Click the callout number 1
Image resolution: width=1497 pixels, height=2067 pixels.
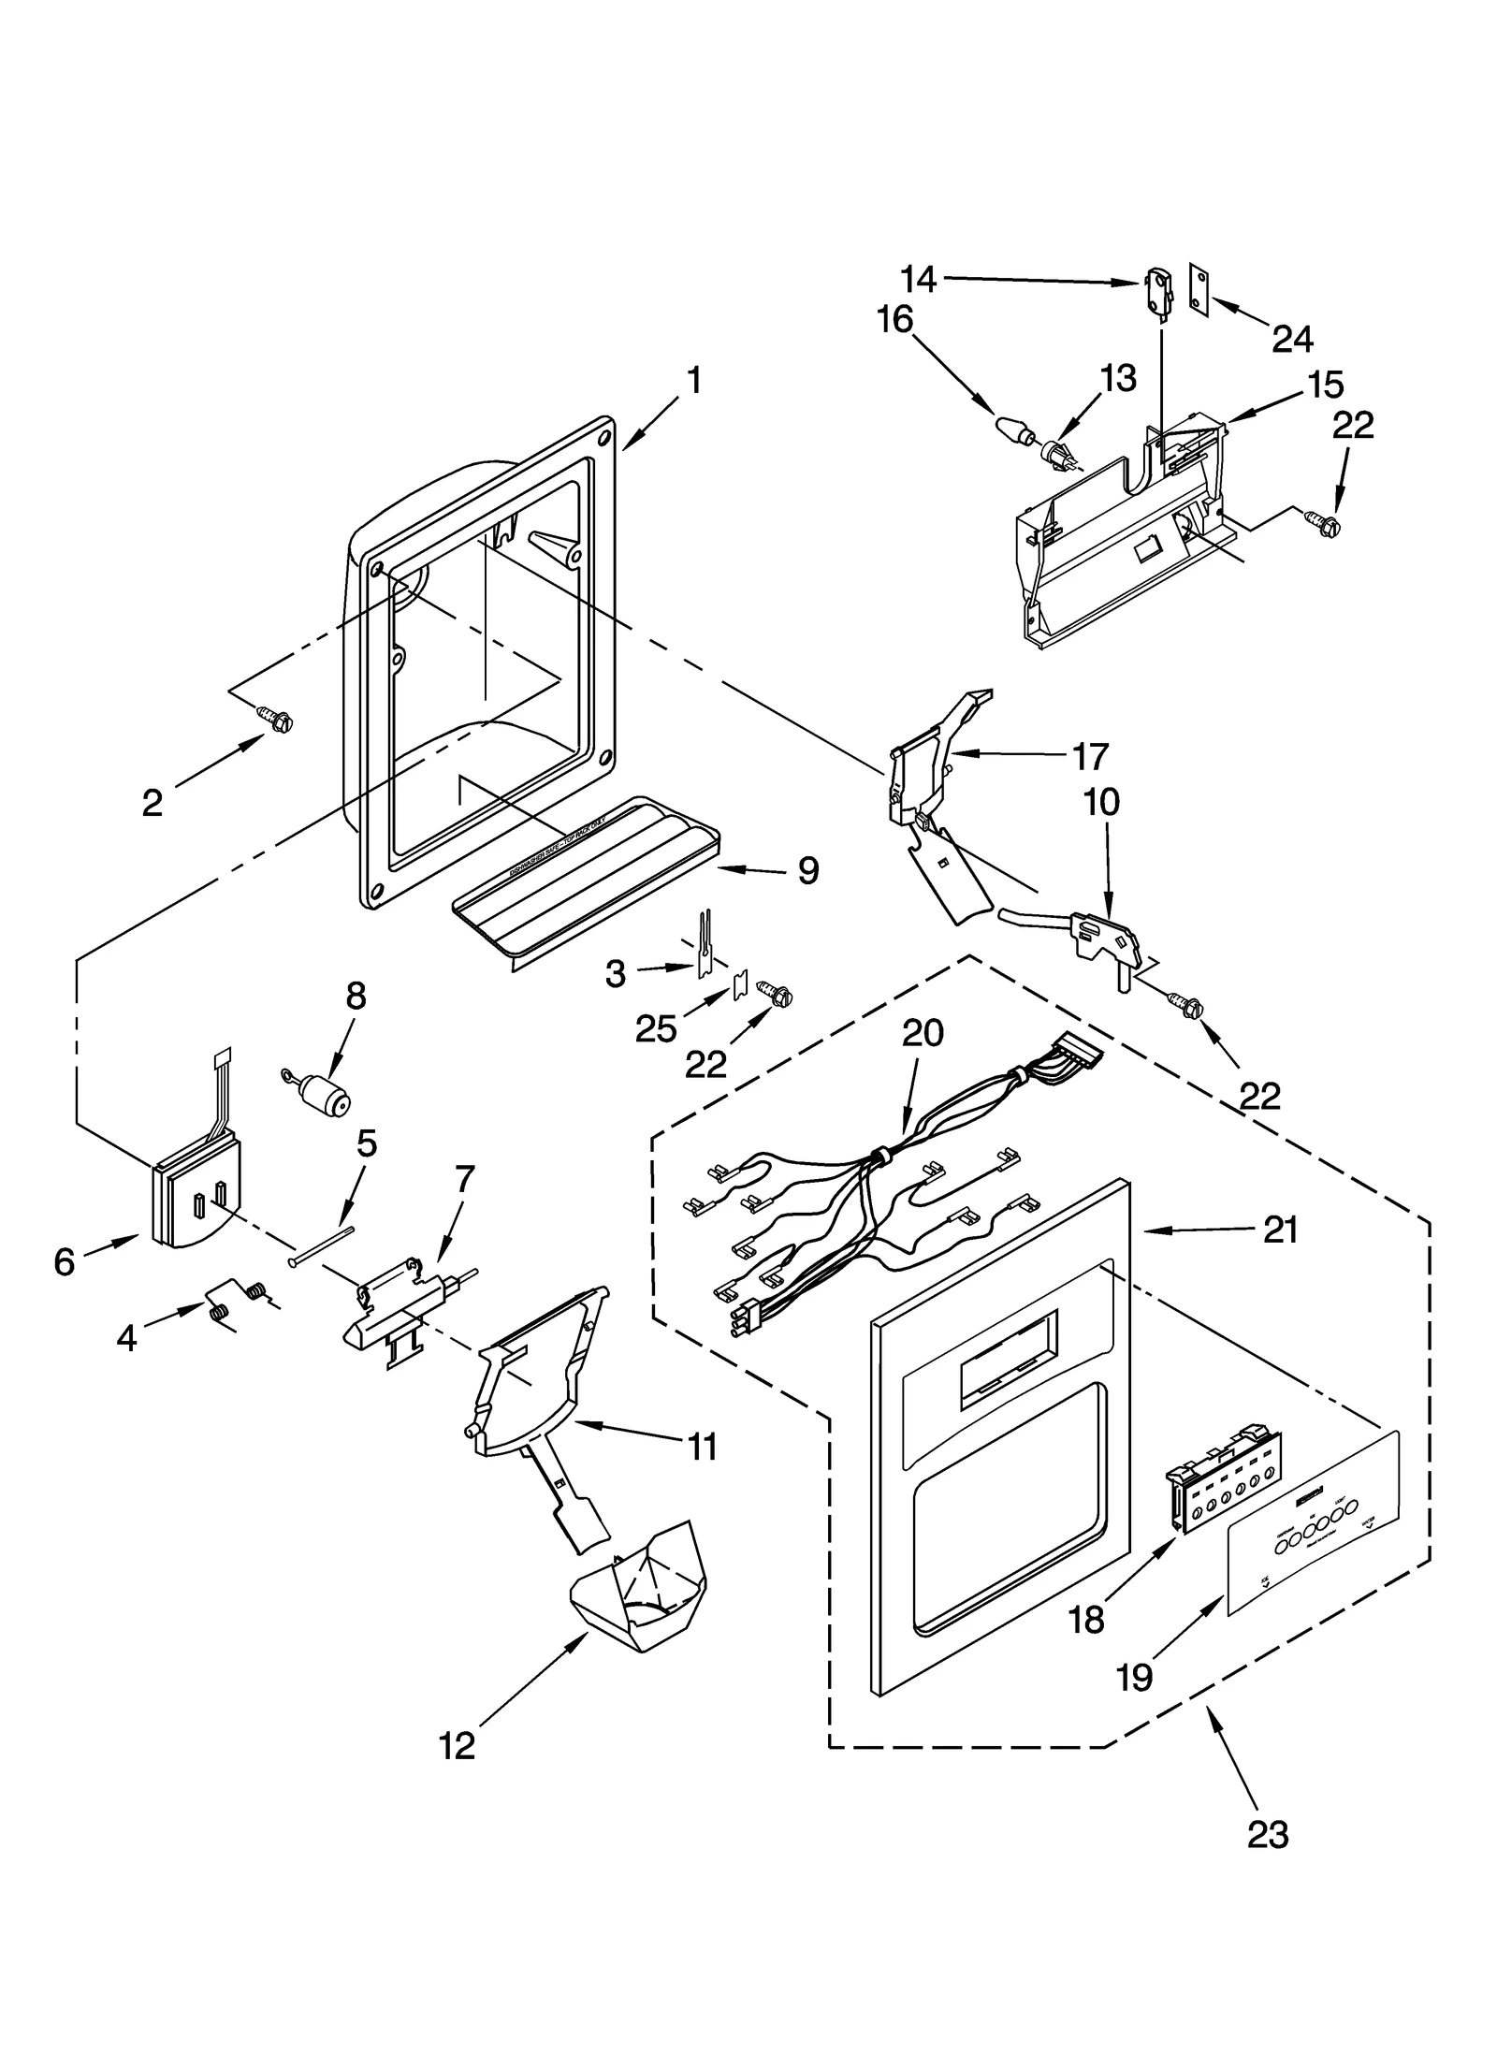[x=693, y=381]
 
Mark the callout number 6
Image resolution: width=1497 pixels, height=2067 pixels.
[x=64, y=1262]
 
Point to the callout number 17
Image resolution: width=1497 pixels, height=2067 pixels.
[x=1089, y=756]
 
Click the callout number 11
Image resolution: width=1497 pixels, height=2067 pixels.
[x=702, y=1447]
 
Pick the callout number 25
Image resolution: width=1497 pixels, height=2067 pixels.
[x=655, y=1028]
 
